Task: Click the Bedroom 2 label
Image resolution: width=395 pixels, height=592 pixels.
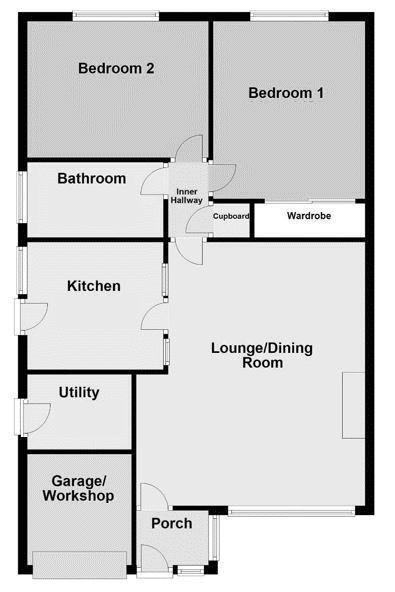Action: coord(116,68)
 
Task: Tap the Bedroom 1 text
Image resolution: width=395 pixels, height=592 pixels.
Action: coord(286,93)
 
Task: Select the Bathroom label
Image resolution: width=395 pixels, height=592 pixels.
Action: coord(92,179)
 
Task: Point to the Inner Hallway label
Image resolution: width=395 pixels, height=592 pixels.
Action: coord(187,196)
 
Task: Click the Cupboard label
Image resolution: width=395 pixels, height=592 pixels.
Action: coord(231,216)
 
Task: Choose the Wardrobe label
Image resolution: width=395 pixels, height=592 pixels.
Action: coord(309,216)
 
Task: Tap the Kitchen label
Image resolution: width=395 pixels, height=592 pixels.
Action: coord(94,286)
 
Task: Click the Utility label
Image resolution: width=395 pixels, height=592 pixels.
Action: coord(79,393)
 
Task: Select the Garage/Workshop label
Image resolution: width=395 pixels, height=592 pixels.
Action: coord(78,489)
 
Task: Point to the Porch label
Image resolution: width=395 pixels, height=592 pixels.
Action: coord(172,523)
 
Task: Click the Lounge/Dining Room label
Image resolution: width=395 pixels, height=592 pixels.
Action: coord(262,355)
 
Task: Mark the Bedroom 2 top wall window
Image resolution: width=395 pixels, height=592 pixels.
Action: coord(116,16)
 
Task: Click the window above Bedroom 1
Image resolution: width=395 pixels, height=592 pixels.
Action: coord(289,16)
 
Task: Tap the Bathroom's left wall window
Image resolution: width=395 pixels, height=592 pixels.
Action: coord(23,197)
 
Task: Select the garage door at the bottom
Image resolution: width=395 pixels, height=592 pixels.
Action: coord(80,564)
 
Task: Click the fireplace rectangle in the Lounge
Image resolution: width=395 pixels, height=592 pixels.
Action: coord(354,405)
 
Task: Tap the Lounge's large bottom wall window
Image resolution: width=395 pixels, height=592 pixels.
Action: coord(292,512)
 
